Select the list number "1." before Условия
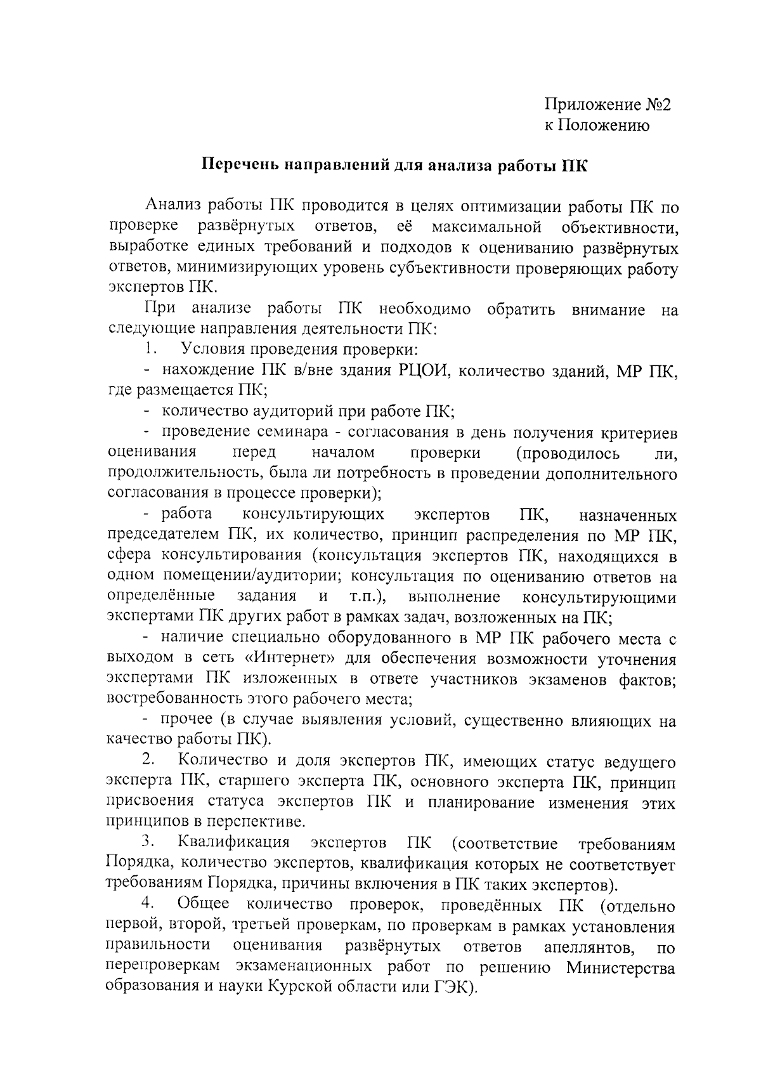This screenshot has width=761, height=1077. (150, 349)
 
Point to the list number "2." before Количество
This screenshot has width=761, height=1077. (149, 760)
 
